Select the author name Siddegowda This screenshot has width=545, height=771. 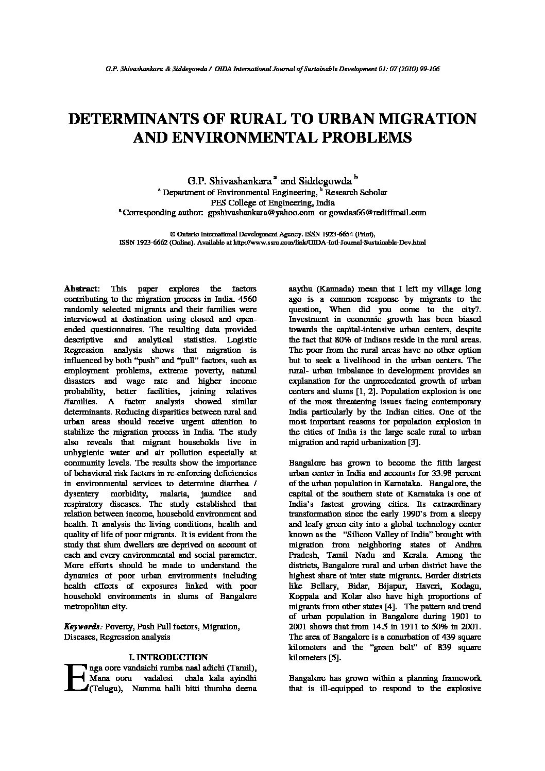click(x=324, y=181)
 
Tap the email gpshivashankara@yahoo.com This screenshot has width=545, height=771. click(x=261, y=212)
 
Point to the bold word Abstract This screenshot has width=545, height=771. click(x=81, y=289)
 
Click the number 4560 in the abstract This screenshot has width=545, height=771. click(x=247, y=299)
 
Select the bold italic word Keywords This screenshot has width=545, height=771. click(x=82, y=627)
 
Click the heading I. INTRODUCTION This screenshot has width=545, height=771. click(x=167, y=657)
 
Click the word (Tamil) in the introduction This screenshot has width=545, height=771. click(x=242, y=667)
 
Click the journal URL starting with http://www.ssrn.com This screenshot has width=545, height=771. click(x=330, y=242)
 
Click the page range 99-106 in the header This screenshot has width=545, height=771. click(x=428, y=68)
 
